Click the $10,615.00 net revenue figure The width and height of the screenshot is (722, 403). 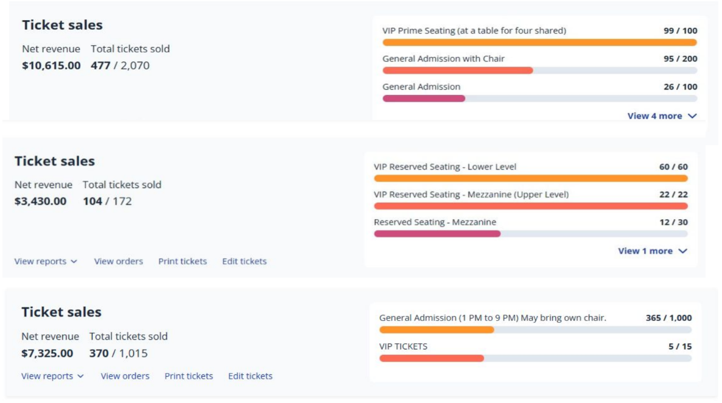pyautogui.click(x=51, y=66)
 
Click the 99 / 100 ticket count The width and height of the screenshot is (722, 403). pyautogui.click(x=680, y=31)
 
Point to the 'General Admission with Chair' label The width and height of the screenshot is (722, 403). pyautogui.click(x=443, y=59)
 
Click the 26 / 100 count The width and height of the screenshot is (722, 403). pyautogui.click(x=680, y=87)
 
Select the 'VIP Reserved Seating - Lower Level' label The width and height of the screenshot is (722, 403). pyautogui.click(x=445, y=167)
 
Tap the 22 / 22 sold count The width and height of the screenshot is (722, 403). pyautogui.click(x=673, y=195)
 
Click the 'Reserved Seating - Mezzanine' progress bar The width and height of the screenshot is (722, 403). pyautogui.click(x=530, y=234)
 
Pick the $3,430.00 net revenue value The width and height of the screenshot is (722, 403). pyautogui.click(x=40, y=201)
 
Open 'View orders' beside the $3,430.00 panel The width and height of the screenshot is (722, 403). pyautogui.click(x=118, y=261)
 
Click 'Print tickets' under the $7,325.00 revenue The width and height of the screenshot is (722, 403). pyautogui.click(x=189, y=376)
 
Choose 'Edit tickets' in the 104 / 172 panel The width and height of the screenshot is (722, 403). pyautogui.click(x=244, y=261)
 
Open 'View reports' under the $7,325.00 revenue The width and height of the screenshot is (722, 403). pyautogui.click(x=52, y=376)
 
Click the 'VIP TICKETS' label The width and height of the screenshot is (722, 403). pyautogui.click(x=403, y=346)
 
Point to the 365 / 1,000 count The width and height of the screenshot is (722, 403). pyautogui.click(x=668, y=318)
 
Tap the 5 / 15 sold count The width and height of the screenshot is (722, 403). pyautogui.click(x=679, y=346)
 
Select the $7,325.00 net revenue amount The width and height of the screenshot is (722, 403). pyautogui.click(x=47, y=353)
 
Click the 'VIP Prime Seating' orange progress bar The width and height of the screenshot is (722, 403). pyautogui.click(x=539, y=43)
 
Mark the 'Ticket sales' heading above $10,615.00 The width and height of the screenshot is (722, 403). pyautogui.click(x=62, y=25)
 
